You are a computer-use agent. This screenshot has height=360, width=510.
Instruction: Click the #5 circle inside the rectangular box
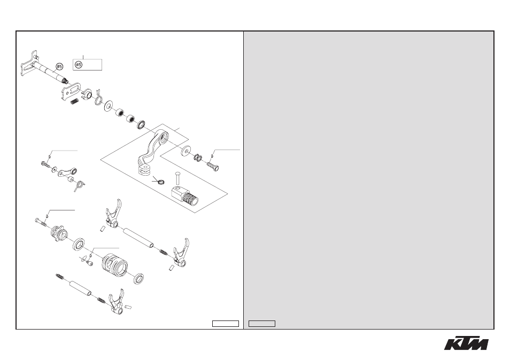79,65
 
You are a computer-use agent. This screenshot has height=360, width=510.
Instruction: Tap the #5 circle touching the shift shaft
59,67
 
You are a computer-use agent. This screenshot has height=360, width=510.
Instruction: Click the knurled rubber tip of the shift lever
190,198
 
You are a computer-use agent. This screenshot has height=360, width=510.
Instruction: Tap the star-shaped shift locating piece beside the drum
59,233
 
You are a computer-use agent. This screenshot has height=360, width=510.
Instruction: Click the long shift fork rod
137,238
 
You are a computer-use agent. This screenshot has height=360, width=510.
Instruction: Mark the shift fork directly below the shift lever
113,214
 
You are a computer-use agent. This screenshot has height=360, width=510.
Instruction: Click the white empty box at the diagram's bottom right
226,324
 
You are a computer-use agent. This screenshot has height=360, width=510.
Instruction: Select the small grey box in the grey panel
262,324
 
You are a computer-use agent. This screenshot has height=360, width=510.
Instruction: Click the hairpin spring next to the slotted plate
98,97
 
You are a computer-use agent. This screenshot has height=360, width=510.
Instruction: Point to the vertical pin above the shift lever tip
177,179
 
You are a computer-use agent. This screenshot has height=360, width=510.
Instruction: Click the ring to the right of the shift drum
138,279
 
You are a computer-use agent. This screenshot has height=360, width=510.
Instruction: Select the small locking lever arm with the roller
67,171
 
